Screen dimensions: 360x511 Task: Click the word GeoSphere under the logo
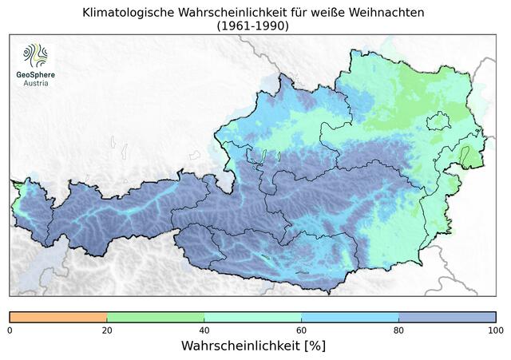pos(36,74)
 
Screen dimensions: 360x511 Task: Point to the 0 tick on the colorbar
pos(10,330)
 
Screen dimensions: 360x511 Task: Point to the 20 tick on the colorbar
pos(106,330)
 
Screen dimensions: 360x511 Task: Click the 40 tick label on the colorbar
pos(204,330)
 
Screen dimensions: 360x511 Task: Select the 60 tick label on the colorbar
pos(301,330)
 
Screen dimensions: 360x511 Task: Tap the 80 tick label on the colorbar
pos(398,330)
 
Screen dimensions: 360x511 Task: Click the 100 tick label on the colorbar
pos(495,330)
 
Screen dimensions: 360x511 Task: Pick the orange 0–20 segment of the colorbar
pos(57,317)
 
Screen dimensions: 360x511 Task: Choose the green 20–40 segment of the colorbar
pos(155,317)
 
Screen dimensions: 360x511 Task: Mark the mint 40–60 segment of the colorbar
pos(252,317)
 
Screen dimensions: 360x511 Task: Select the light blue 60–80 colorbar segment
pos(350,317)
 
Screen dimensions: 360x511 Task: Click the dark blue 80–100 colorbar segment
pos(447,317)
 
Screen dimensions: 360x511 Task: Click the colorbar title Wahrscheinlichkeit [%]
pos(253,346)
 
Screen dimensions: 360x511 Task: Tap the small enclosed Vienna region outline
pos(439,121)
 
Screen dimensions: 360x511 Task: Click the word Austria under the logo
pos(36,83)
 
